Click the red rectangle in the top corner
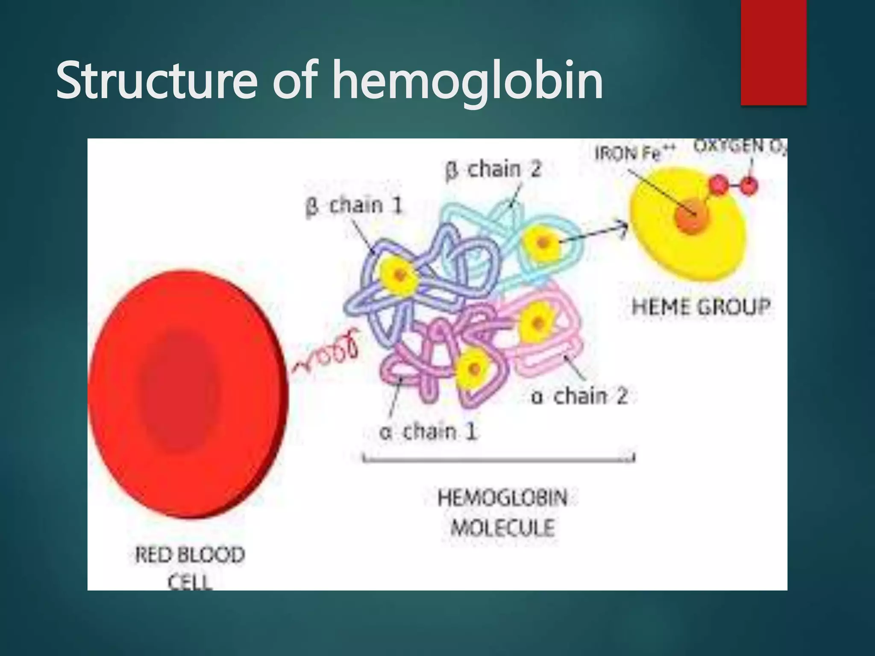[773, 52]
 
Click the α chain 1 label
[428, 432]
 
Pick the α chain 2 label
[579, 397]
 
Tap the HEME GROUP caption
[701, 307]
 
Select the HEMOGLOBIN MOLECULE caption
[502, 513]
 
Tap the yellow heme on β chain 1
[399, 276]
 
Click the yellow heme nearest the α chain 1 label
[474, 369]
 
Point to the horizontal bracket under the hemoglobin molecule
[499, 459]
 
